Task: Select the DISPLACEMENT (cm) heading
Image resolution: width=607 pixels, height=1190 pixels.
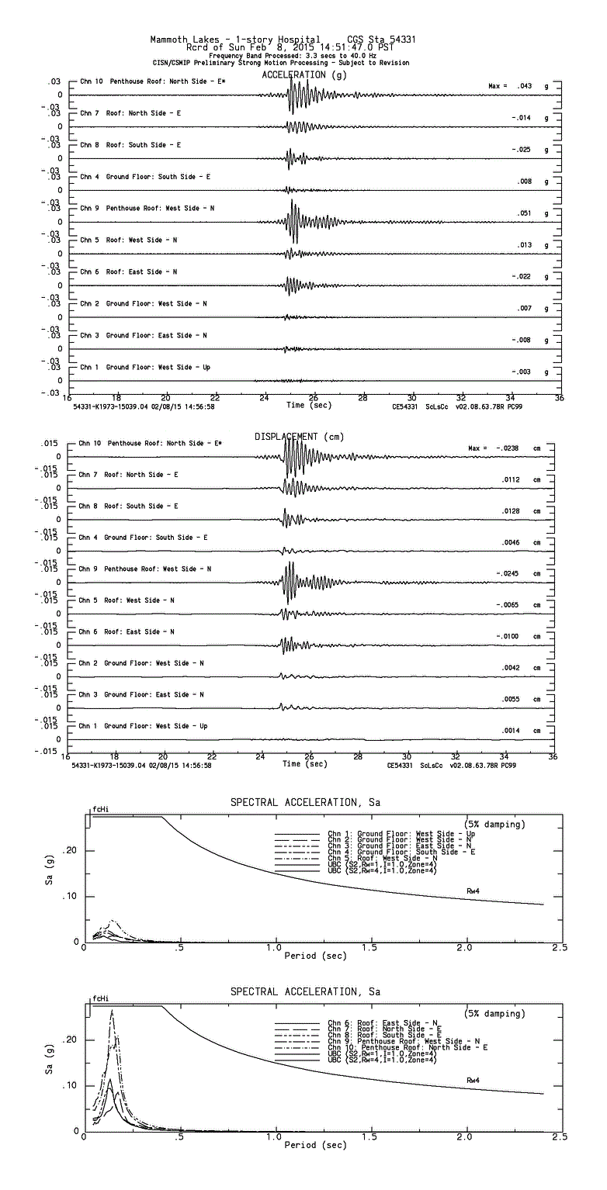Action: [x=300, y=437]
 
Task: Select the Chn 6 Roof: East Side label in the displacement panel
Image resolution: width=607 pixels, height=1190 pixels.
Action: [x=127, y=631]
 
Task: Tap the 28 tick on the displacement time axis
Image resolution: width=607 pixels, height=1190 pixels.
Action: [x=358, y=756]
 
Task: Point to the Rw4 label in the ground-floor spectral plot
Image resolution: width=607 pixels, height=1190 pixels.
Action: [x=473, y=890]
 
